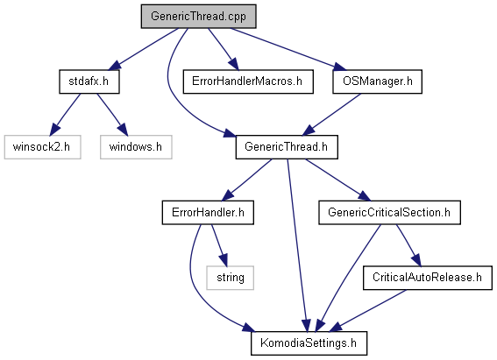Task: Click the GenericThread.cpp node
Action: pyautogui.click(x=198, y=17)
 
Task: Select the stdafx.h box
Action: pyautogui.click(x=89, y=81)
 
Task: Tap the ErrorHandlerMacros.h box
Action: pyautogui.click(x=248, y=81)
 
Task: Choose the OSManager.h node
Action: pyautogui.click(x=377, y=81)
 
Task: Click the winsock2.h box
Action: pyautogui.click(x=42, y=147)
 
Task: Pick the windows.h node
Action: pyautogui.click(x=136, y=147)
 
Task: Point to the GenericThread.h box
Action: pyautogui.click(x=287, y=147)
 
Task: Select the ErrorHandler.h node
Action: pyautogui.click(x=208, y=213)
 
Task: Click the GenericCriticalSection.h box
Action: pyautogui.click(x=389, y=213)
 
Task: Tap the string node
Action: pyautogui.click(x=231, y=278)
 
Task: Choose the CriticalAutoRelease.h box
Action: pyautogui.click(x=427, y=278)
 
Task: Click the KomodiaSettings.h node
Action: pyautogui.click(x=309, y=343)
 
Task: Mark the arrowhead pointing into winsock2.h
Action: pyautogui.click(x=54, y=129)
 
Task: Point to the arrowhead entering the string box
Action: pyautogui.click(x=224, y=259)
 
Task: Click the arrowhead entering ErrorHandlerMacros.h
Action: pyautogui.click(x=234, y=64)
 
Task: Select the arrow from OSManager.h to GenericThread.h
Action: pyautogui.click(x=331, y=115)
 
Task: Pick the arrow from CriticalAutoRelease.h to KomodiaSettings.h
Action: pyautogui.click(x=367, y=311)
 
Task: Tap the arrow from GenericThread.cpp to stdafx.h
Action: pyautogui.click(x=143, y=49)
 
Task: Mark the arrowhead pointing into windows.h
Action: pyautogui.click(x=123, y=129)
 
